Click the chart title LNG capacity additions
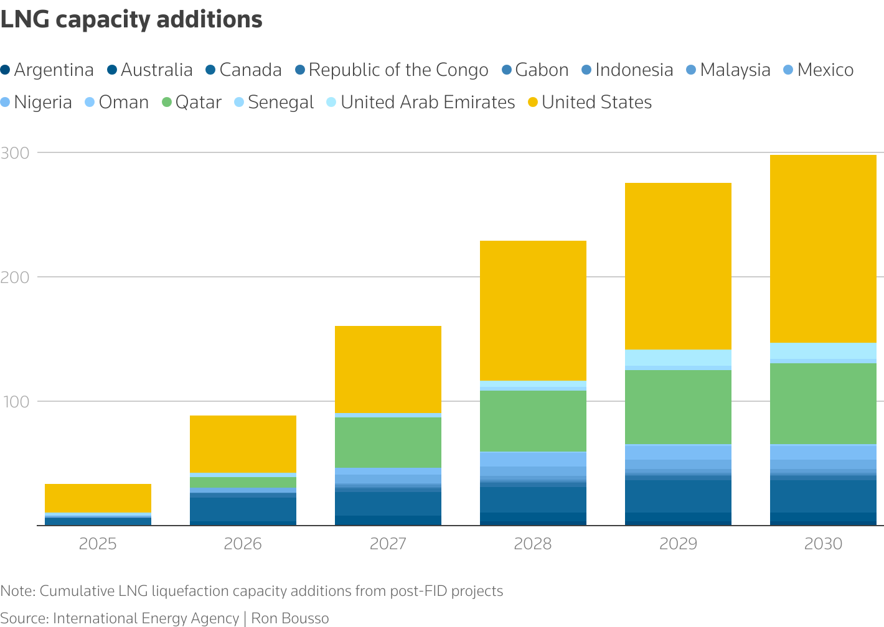131,20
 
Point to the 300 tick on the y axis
15,152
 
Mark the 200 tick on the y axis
15,277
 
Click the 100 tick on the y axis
15,401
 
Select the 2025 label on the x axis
98,544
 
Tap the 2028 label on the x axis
533,544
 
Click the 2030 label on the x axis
823,544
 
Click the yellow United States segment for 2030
823,249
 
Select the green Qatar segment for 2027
388,442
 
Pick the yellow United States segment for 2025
98,498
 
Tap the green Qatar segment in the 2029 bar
678,407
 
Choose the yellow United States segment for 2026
243,444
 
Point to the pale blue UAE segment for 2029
678,358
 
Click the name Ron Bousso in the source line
290,618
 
